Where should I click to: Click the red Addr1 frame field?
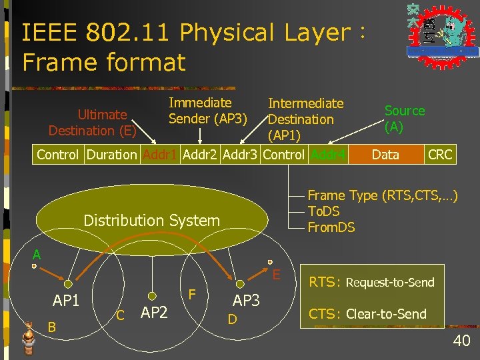(x=159, y=155)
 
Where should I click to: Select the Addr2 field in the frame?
(x=201, y=155)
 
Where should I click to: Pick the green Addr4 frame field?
(x=329, y=155)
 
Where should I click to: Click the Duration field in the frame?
(x=111, y=155)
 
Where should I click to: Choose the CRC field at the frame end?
(x=440, y=155)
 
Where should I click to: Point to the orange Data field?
(x=385, y=155)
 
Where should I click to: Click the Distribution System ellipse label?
(x=151, y=221)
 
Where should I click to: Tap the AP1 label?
(x=66, y=301)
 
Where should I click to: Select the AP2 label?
(x=154, y=312)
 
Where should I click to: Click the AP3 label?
(x=246, y=301)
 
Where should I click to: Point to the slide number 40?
(x=461, y=341)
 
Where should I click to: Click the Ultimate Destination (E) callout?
(x=93, y=123)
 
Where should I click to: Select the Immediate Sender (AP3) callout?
(x=207, y=111)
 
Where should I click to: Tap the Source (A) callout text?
(x=404, y=119)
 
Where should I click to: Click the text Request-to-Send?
(x=390, y=282)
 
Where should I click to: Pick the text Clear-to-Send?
(x=386, y=314)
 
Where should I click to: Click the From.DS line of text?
(x=331, y=227)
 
